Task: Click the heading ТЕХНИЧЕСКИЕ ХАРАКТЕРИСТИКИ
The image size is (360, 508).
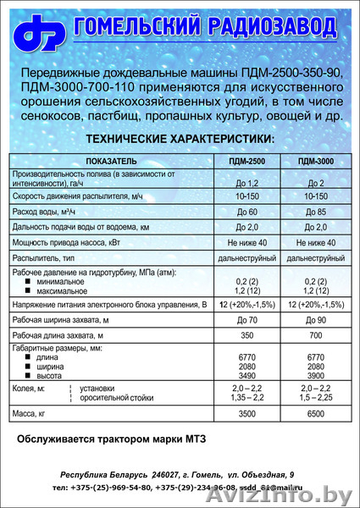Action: [180, 138]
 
